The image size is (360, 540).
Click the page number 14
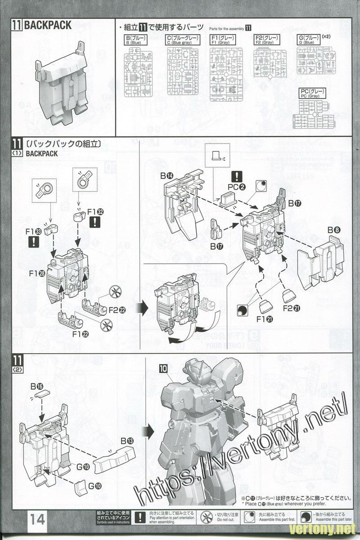[38, 519]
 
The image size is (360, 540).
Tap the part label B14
[166, 175]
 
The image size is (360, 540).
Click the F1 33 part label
[34, 232]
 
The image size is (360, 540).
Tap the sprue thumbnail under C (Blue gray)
[183, 71]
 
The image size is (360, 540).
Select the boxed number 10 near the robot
[163, 368]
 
